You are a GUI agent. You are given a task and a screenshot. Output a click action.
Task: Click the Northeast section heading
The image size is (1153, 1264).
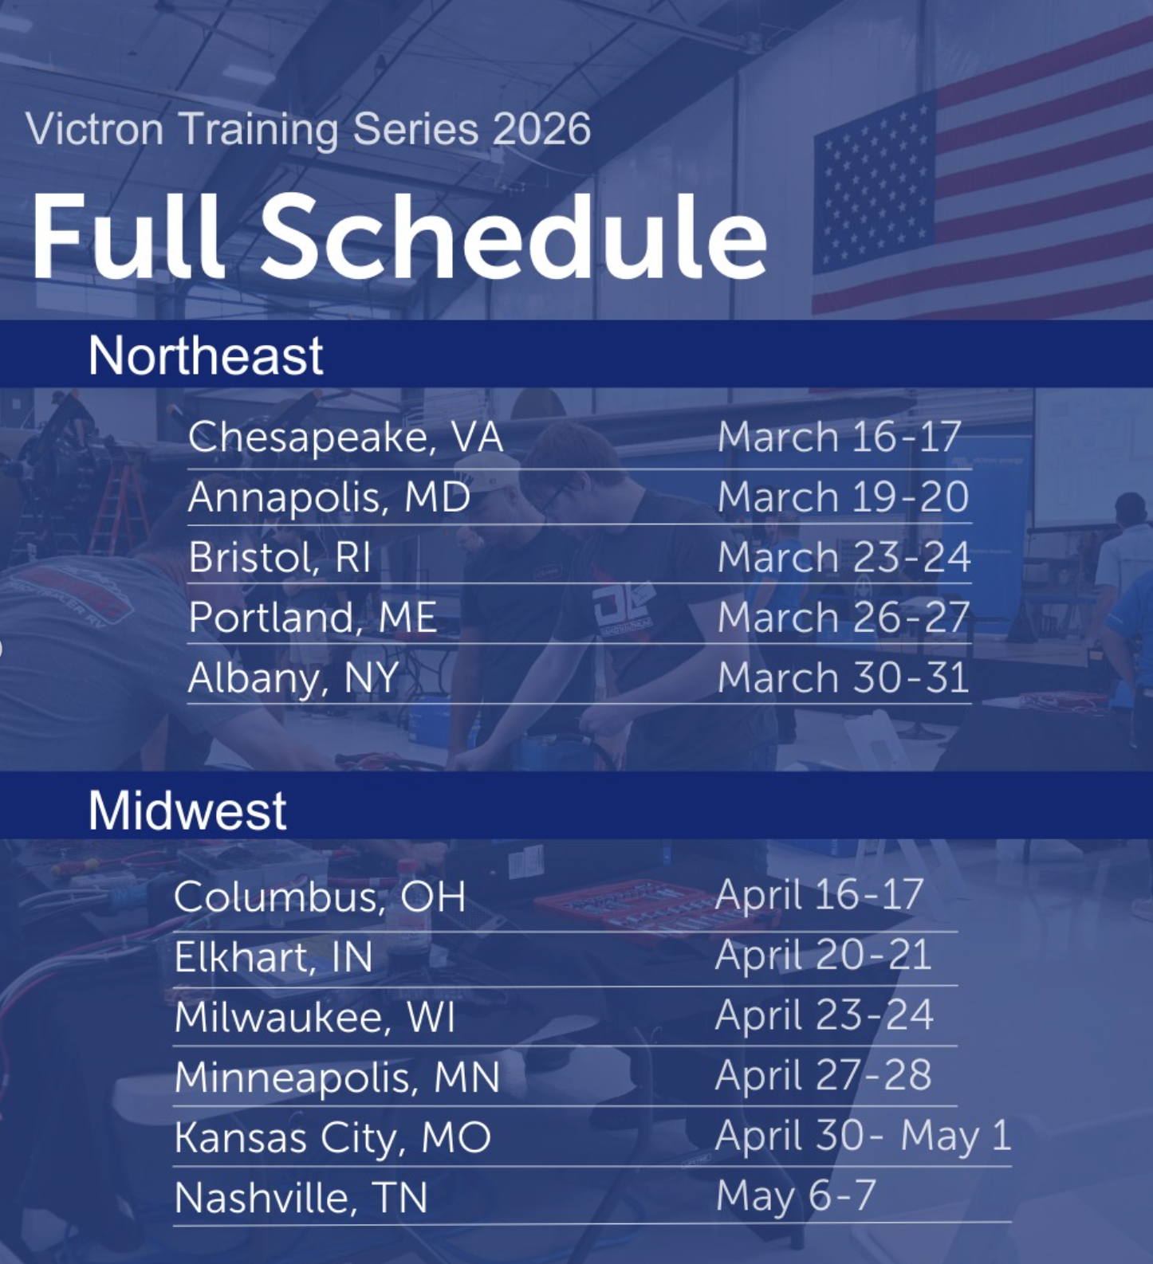click(x=205, y=355)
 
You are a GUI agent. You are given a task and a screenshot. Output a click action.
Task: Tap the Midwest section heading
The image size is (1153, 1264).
click(x=187, y=811)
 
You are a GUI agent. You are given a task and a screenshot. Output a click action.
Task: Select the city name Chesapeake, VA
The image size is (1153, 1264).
click(x=345, y=437)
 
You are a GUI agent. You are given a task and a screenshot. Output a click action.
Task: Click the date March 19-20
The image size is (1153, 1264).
click(x=843, y=497)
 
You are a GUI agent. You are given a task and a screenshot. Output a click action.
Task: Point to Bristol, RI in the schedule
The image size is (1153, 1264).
click(x=280, y=557)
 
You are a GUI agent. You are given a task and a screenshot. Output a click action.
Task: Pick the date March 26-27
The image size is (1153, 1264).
click(x=843, y=618)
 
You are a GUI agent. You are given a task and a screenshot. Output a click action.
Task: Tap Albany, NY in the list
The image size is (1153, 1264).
click(x=293, y=678)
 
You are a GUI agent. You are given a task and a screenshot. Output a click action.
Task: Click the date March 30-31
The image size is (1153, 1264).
click(x=843, y=678)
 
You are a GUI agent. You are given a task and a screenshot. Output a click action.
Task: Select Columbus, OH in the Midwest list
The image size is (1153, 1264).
click(x=320, y=897)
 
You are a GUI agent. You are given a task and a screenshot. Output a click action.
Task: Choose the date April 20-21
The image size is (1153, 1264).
click(x=823, y=956)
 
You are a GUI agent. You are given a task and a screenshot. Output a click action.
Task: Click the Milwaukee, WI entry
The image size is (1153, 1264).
click(x=314, y=1018)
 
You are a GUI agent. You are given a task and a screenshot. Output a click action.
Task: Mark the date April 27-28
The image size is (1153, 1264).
click(x=823, y=1076)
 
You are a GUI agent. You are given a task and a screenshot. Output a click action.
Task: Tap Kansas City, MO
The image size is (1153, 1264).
click(x=333, y=1137)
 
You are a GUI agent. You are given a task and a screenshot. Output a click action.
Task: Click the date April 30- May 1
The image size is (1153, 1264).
click(x=863, y=1136)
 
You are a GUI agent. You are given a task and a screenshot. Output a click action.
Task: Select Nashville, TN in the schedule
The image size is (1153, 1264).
click(x=301, y=1197)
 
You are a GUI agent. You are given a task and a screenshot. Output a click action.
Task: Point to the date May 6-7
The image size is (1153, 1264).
click(x=796, y=1195)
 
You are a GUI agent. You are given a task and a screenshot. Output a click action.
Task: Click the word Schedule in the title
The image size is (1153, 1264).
click(x=514, y=237)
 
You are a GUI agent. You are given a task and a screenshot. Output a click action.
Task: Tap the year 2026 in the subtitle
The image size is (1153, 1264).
click(x=541, y=129)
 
